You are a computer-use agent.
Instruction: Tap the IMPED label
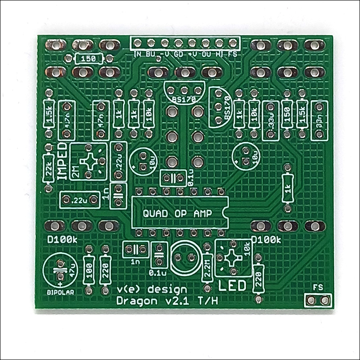pos(63,161)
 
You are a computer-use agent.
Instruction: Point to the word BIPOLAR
pos(60,292)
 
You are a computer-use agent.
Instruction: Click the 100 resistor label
pos(89,271)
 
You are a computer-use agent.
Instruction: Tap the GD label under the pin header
pos(179,54)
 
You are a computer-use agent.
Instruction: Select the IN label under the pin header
pos(138,54)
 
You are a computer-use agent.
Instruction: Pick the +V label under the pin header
pos(193,54)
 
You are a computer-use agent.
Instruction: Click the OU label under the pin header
pos(207,54)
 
